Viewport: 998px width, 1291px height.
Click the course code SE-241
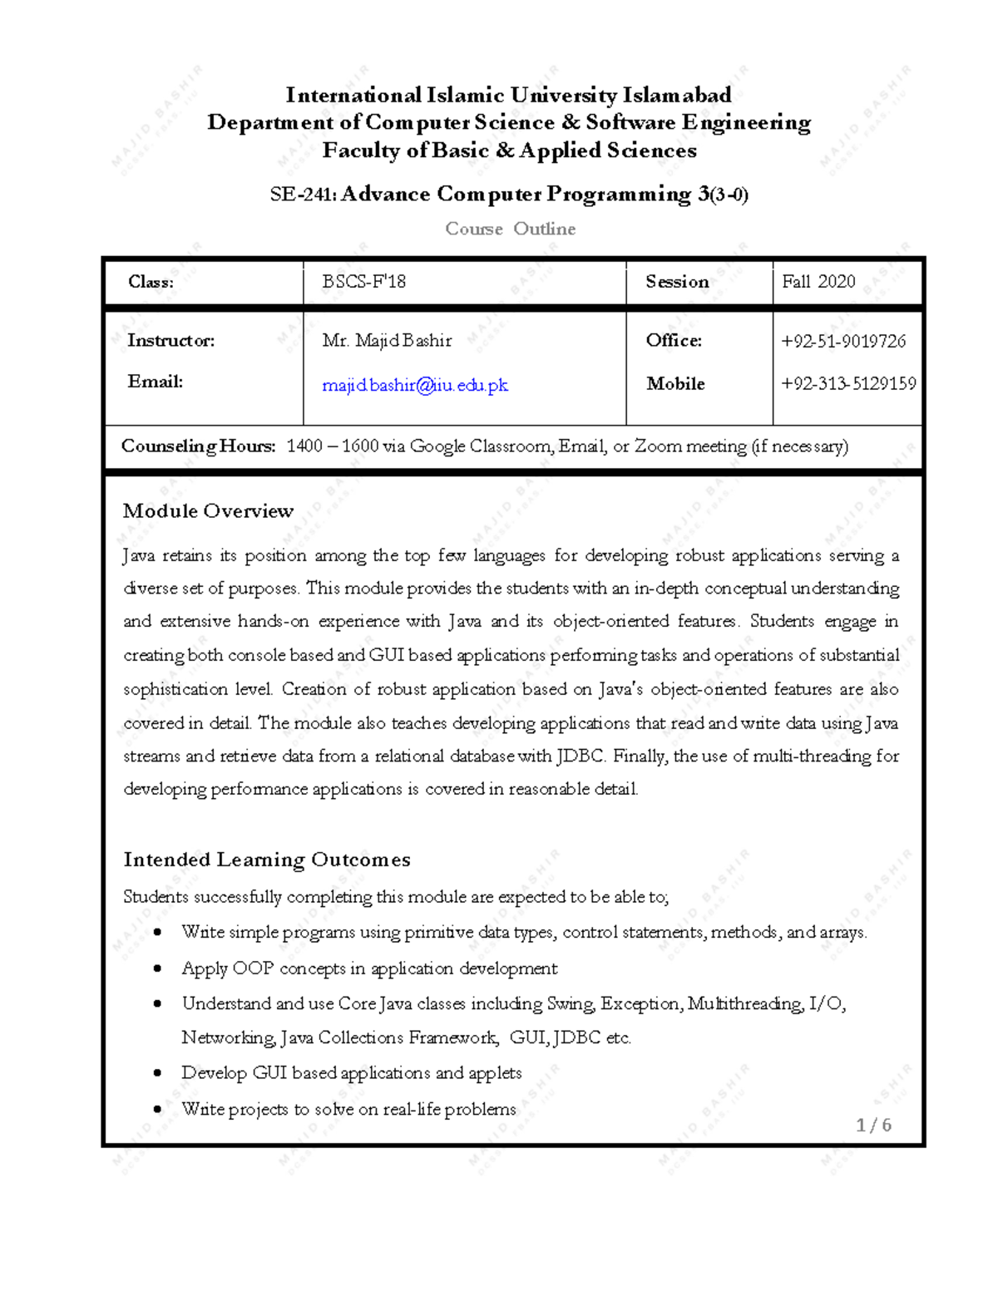click(x=301, y=195)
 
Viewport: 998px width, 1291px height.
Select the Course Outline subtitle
click(x=510, y=229)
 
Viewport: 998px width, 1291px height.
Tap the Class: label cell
click(x=151, y=282)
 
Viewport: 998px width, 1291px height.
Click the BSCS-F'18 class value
click(x=364, y=282)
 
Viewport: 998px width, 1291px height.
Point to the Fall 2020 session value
click(x=818, y=282)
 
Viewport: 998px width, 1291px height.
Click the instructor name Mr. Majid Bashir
click(x=387, y=341)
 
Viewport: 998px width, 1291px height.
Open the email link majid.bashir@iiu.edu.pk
click(x=415, y=385)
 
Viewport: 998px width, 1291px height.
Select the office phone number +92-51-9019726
click(x=843, y=341)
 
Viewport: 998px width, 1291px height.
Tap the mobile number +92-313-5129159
click(x=848, y=384)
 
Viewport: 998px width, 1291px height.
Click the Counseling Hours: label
click(x=198, y=446)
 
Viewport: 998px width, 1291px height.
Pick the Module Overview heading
click(x=208, y=511)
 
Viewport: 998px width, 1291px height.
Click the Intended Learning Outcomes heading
click(x=266, y=860)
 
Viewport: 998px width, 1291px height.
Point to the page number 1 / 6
click(x=873, y=1125)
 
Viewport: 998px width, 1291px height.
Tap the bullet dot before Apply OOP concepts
click(x=157, y=968)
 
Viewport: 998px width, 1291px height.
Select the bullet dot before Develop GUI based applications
click(x=157, y=1073)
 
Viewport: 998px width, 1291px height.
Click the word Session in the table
click(x=677, y=282)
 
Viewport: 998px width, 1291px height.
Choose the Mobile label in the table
click(x=675, y=384)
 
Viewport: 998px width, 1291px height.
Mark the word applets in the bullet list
click(x=495, y=1073)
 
